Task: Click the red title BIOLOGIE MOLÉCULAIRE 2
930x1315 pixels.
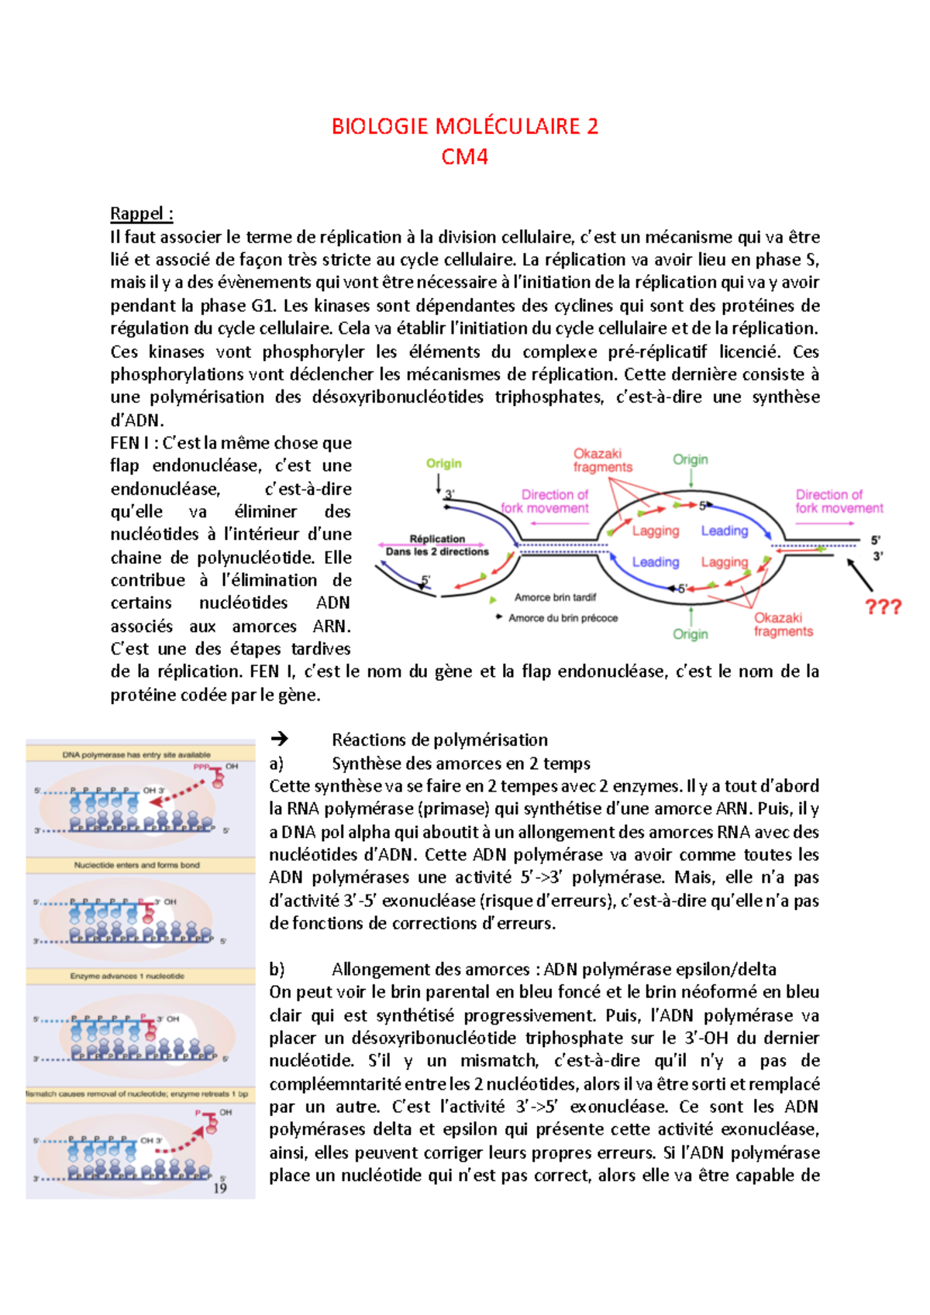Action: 464,126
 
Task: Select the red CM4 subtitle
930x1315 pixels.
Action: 464,156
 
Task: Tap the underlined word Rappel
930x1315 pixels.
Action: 140,213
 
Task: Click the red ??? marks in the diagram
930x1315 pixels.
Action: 883,606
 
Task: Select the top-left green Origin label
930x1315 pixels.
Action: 443,463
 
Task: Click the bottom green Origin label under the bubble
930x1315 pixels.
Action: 691,634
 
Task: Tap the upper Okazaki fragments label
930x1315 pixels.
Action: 602,460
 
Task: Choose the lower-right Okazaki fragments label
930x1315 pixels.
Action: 783,624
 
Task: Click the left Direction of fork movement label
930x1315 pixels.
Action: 545,501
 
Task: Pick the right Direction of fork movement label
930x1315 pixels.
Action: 839,501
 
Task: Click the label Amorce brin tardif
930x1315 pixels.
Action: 555,597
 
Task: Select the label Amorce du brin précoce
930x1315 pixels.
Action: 563,618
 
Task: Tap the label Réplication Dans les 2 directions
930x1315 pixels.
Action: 437,545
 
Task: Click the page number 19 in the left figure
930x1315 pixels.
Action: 220,1188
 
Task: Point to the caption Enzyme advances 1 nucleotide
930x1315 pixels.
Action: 128,976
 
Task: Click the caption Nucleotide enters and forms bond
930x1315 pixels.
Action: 136,865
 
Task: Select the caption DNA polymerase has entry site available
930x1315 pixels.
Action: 136,754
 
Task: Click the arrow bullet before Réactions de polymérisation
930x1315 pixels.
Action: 279,739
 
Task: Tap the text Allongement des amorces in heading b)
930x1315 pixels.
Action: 430,969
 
